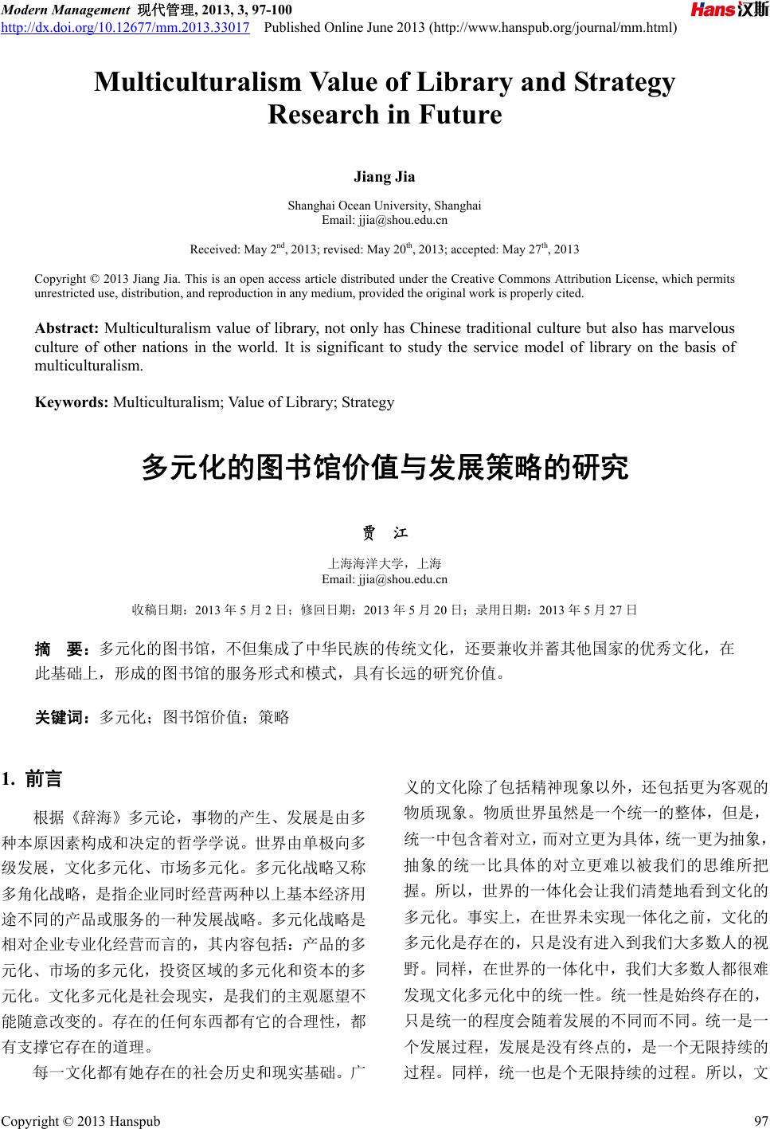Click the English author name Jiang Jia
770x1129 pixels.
coord(384,176)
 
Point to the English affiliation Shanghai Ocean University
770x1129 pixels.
coord(384,205)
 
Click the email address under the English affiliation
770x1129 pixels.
coord(384,219)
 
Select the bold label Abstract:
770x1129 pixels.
coord(67,328)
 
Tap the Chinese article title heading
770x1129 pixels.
coord(385,468)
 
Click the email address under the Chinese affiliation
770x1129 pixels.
coord(384,579)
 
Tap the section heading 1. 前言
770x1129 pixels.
coord(33,778)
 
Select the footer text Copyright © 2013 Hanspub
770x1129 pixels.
coord(80,1121)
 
